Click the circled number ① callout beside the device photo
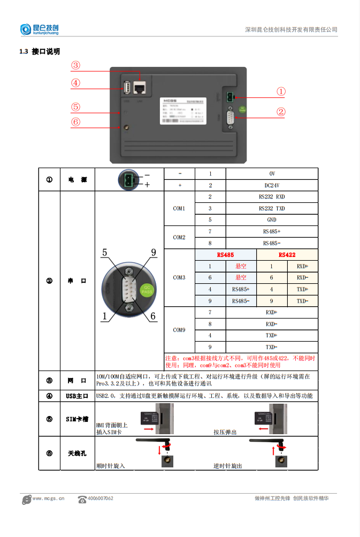(x=281, y=92)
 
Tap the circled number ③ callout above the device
(x=75, y=65)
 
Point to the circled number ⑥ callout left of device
(x=75, y=122)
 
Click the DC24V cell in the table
(x=272, y=185)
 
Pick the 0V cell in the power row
(x=272, y=174)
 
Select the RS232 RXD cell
(x=272, y=196)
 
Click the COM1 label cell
(x=179, y=208)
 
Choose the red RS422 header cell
(x=287, y=255)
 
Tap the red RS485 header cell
(x=226, y=255)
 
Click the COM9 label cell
(x=179, y=330)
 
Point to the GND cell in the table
(x=272, y=220)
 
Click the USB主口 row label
(x=77, y=396)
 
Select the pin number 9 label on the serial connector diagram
(x=153, y=252)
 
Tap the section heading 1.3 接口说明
(x=40, y=51)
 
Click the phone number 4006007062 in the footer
(x=100, y=498)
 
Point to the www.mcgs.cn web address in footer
(x=48, y=498)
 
